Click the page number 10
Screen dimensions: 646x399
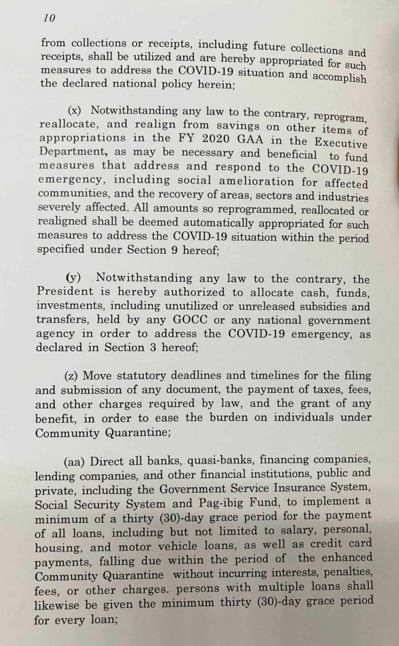(50, 18)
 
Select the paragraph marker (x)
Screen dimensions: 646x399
(74, 111)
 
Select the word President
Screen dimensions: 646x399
(65, 291)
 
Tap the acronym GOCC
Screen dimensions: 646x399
(190, 320)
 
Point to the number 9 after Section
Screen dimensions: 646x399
(174, 250)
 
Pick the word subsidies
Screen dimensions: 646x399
(323, 306)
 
